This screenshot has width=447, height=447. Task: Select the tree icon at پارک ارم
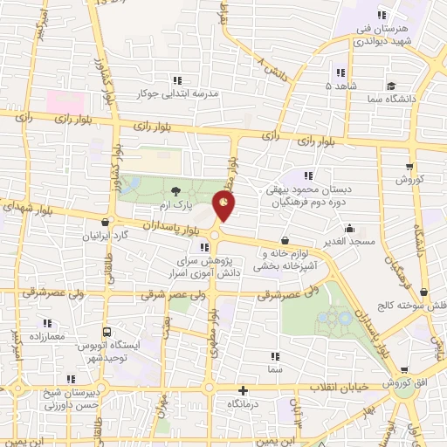coord(176,190)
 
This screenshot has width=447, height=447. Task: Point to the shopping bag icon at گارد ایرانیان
coord(107,222)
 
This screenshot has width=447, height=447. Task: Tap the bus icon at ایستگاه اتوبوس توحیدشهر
coord(107,332)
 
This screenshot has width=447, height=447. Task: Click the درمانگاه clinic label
coord(244,406)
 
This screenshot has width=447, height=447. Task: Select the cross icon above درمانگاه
coord(243,390)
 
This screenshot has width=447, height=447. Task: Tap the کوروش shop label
coord(409,179)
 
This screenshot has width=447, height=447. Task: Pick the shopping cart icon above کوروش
coord(409,164)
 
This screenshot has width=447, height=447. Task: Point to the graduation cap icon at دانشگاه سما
coord(392,86)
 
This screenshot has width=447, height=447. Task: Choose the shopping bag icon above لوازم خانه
coord(285,239)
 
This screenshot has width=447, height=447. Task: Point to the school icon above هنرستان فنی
coord(381,15)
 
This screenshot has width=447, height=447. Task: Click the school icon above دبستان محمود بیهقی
coord(307,175)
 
